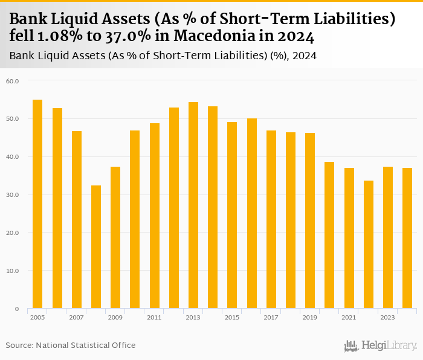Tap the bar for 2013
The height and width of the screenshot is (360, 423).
click(x=193, y=205)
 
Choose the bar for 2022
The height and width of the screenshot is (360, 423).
click(x=368, y=245)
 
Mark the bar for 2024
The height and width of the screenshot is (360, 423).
click(x=407, y=238)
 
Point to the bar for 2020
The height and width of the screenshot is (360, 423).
click(x=329, y=235)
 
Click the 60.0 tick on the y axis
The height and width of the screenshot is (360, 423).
click(x=12, y=80)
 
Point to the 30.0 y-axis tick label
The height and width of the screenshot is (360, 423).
click(x=12, y=194)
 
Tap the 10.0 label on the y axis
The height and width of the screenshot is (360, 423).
click(x=12, y=271)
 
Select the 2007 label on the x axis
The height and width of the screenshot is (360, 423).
click(x=76, y=317)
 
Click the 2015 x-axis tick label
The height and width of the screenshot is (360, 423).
click(x=231, y=317)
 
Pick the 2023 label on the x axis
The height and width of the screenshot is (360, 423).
click(x=387, y=317)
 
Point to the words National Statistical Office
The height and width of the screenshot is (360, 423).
click(x=86, y=345)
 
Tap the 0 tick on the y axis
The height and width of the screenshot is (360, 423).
click(x=17, y=309)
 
